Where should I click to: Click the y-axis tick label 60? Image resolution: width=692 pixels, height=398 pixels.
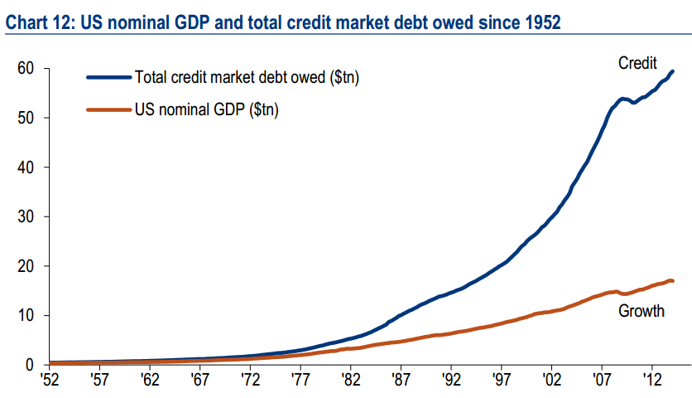tap(25, 68)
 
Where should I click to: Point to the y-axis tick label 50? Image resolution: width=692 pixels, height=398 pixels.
tap(25, 118)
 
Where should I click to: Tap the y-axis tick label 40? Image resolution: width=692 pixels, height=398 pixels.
tap(25, 167)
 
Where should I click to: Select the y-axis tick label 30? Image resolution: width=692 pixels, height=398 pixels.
tap(25, 216)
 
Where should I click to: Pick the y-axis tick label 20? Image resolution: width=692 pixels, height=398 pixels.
tap(25, 266)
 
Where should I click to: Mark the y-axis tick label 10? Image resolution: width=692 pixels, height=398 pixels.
tap(25, 315)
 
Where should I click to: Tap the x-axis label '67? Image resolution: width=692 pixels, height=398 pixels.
tap(199, 384)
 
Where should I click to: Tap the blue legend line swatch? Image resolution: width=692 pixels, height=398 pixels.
tap(108, 78)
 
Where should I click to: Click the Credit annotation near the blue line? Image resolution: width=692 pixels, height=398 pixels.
tap(637, 63)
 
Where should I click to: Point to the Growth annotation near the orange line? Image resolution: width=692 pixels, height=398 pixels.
tap(642, 312)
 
